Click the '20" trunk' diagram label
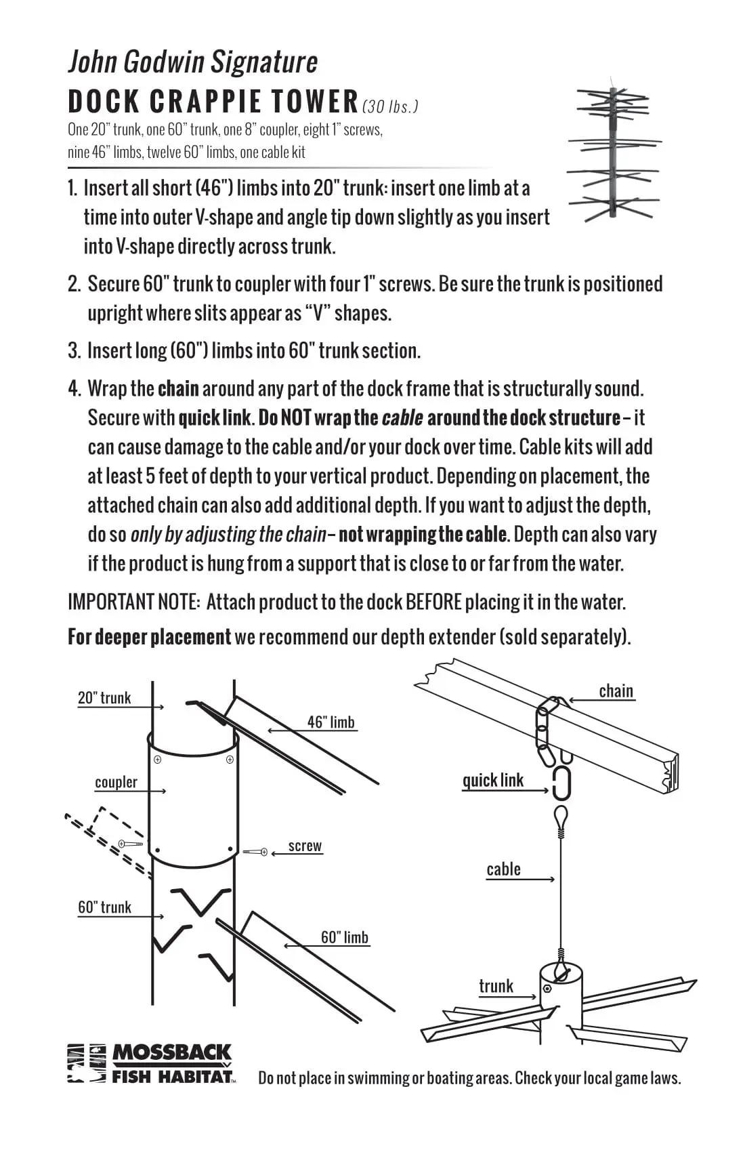pyautogui.click(x=104, y=698)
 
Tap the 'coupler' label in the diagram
pyautogui.click(x=116, y=782)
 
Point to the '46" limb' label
pyautogui.click(x=331, y=722)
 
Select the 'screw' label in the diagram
pyautogui.click(x=305, y=846)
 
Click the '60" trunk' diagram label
pyautogui.click(x=104, y=907)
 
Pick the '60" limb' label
pyautogui.click(x=344, y=937)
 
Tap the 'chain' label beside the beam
pyautogui.click(x=616, y=691)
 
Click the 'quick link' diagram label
pyautogui.click(x=492, y=781)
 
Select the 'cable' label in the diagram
pyautogui.click(x=503, y=869)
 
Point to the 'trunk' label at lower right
pyautogui.click(x=496, y=986)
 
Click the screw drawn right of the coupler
pyautogui.click(x=255, y=852)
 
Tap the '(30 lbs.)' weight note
pyautogui.click(x=390, y=106)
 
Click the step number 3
pyautogui.click(x=74, y=350)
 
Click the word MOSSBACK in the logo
pyautogui.click(x=171, y=1052)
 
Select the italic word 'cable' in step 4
pyautogui.click(x=402, y=418)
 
